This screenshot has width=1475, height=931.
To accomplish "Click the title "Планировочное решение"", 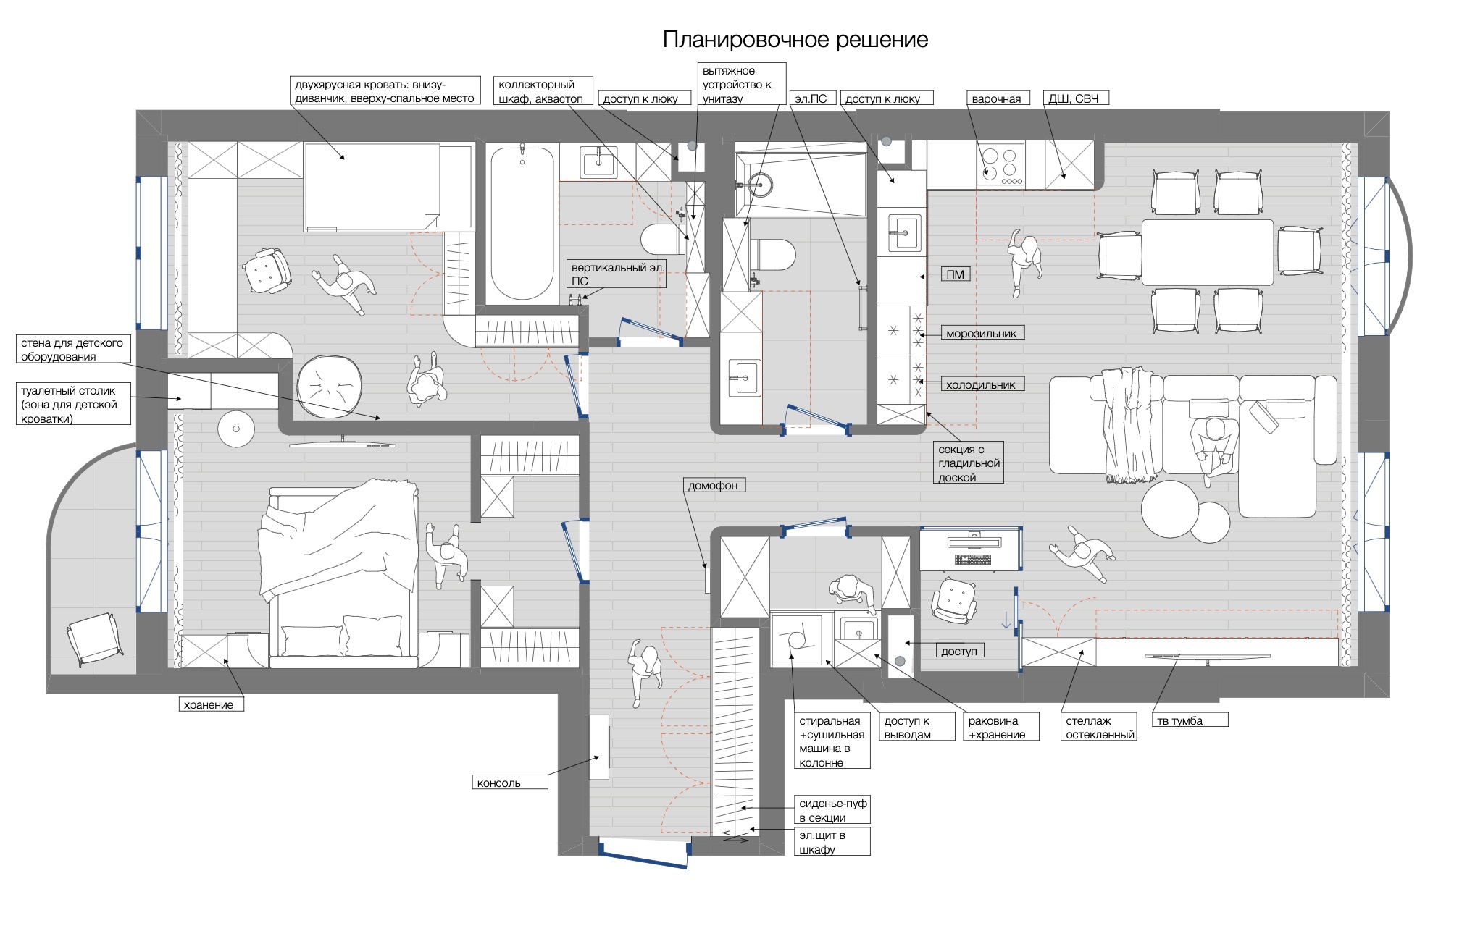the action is [x=795, y=39].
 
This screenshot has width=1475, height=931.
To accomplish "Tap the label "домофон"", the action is [x=714, y=485].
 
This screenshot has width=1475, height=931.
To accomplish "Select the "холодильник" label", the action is [x=982, y=384].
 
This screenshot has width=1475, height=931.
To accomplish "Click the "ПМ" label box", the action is [x=956, y=274].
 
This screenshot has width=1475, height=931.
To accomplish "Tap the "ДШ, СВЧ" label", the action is [x=1074, y=98].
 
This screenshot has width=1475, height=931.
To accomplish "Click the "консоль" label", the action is [x=511, y=782].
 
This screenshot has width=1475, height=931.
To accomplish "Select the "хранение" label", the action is [x=212, y=704].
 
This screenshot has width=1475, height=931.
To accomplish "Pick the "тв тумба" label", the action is [x=1190, y=720].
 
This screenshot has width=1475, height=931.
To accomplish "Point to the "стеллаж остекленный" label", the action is [x=1099, y=727].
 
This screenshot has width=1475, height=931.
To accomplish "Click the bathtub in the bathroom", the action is [x=522, y=224].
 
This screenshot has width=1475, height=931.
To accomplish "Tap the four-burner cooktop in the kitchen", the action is [x=1001, y=164].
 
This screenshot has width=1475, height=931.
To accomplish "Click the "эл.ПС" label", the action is [x=811, y=98].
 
